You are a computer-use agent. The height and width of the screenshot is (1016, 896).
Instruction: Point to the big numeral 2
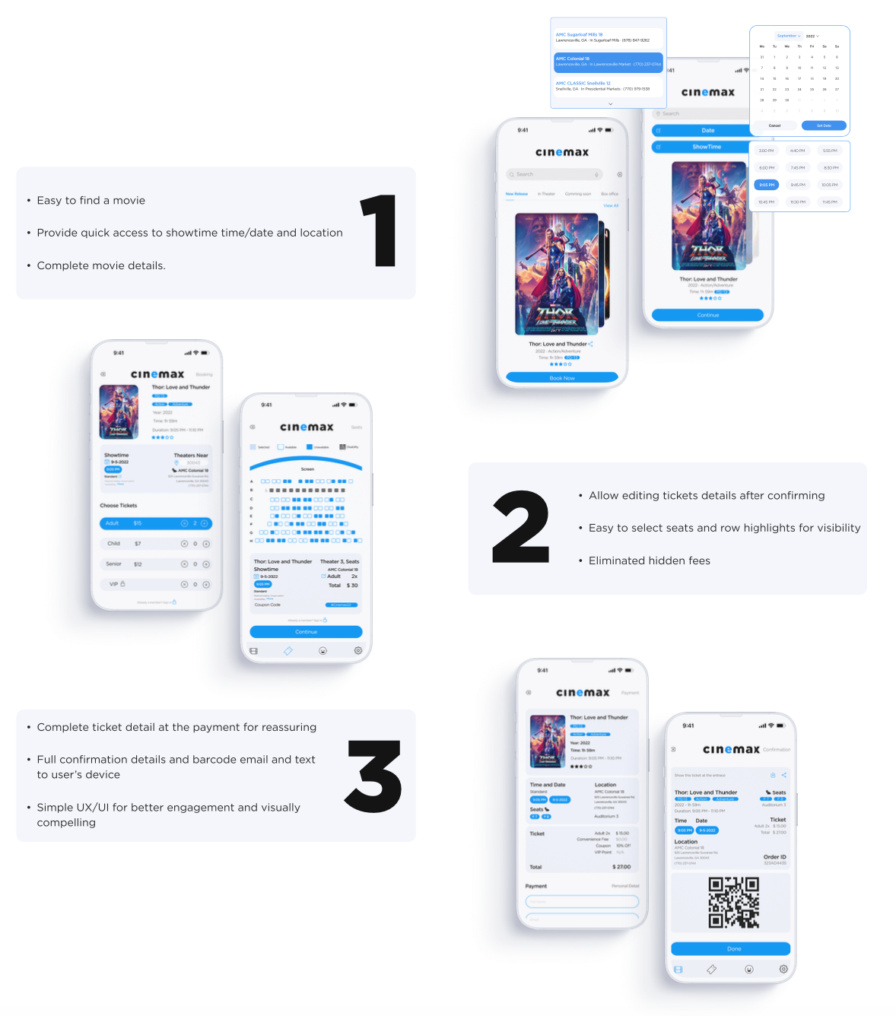[520, 526]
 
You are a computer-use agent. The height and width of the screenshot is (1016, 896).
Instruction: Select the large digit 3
[373, 776]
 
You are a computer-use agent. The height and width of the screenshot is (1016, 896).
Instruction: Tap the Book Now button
[562, 378]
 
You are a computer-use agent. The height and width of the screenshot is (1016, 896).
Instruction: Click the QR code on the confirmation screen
[733, 903]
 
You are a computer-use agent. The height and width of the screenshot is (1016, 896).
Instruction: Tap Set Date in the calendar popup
[824, 125]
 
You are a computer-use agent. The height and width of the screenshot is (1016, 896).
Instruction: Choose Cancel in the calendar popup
[774, 125]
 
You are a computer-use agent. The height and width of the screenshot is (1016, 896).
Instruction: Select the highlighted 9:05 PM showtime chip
[767, 185]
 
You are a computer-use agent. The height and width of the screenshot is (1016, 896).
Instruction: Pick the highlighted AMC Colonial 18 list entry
[608, 62]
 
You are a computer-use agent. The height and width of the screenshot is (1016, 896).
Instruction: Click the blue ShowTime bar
[706, 147]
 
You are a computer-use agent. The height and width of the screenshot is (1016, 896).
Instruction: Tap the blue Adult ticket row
[156, 523]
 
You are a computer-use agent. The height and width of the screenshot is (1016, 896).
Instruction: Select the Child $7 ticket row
[156, 544]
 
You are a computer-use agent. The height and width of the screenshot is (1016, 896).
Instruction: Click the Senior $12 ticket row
[156, 564]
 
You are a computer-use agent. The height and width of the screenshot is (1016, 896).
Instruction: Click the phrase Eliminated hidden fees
[650, 560]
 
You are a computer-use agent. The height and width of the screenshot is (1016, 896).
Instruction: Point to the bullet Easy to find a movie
[91, 201]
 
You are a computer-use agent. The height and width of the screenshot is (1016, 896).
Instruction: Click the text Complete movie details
[101, 265]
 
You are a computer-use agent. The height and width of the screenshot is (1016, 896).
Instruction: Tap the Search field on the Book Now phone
[554, 174]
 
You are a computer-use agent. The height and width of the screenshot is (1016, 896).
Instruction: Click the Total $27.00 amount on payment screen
[621, 867]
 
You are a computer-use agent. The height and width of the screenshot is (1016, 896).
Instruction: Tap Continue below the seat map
[306, 632]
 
